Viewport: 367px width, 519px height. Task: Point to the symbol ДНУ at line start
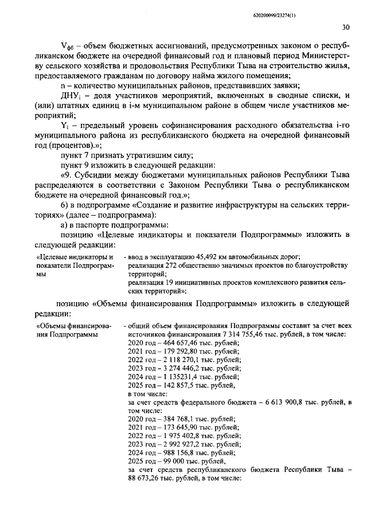(x=69, y=95)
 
